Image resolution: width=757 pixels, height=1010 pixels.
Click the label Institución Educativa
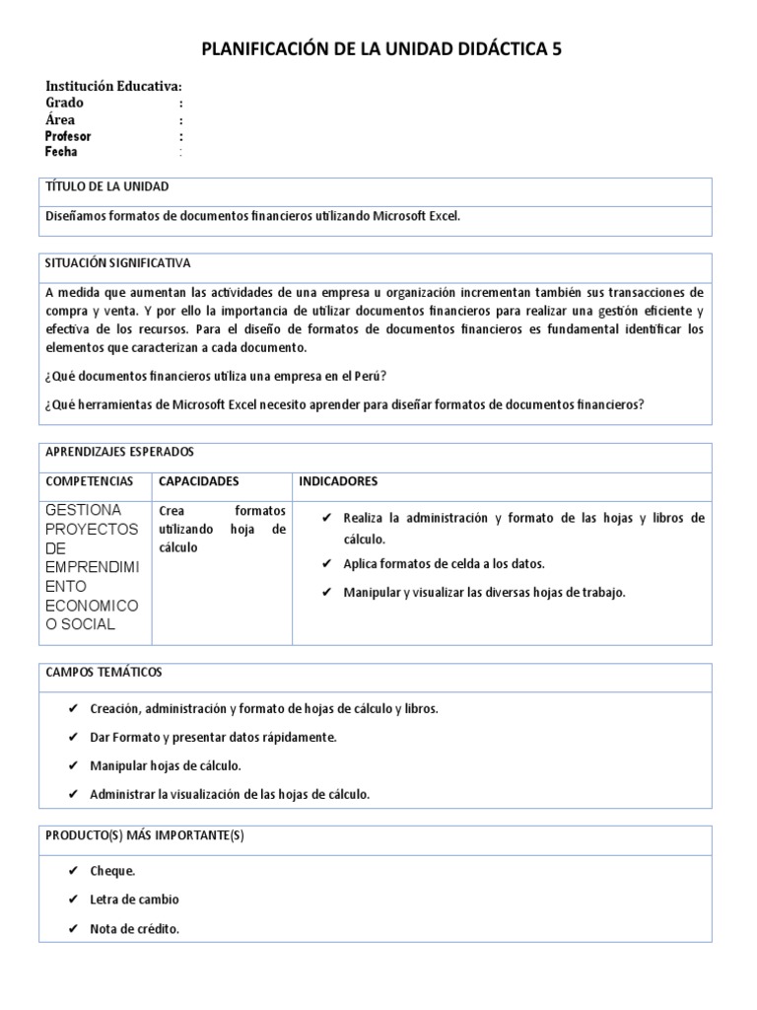pos(113,87)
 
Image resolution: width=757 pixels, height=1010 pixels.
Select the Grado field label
pos(65,103)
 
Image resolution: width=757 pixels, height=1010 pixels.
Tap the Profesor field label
pos(68,136)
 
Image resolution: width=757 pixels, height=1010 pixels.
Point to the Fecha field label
pos(61,152)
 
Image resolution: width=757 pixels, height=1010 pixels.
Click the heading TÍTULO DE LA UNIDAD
pos(107,186)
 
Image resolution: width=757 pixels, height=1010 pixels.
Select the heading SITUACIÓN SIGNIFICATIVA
pos(118,263)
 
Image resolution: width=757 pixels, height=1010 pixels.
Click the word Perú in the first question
pos(368,377)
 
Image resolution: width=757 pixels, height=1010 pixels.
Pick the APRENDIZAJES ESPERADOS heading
pos(120,452)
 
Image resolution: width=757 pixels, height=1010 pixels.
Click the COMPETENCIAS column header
pos(90,481)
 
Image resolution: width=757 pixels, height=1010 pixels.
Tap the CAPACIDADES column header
pos(199,481)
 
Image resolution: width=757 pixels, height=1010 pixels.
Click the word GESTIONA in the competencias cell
pos(84,510)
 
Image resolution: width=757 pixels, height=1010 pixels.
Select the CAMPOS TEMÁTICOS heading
pos(104,672)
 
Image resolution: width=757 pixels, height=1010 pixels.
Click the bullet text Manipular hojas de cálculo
pos(166,765)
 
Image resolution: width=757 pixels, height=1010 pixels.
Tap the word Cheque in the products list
pos(112,871)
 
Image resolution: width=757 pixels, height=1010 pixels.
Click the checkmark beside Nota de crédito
pos(74,929)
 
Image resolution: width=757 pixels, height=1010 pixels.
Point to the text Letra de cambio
pos(135,900)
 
